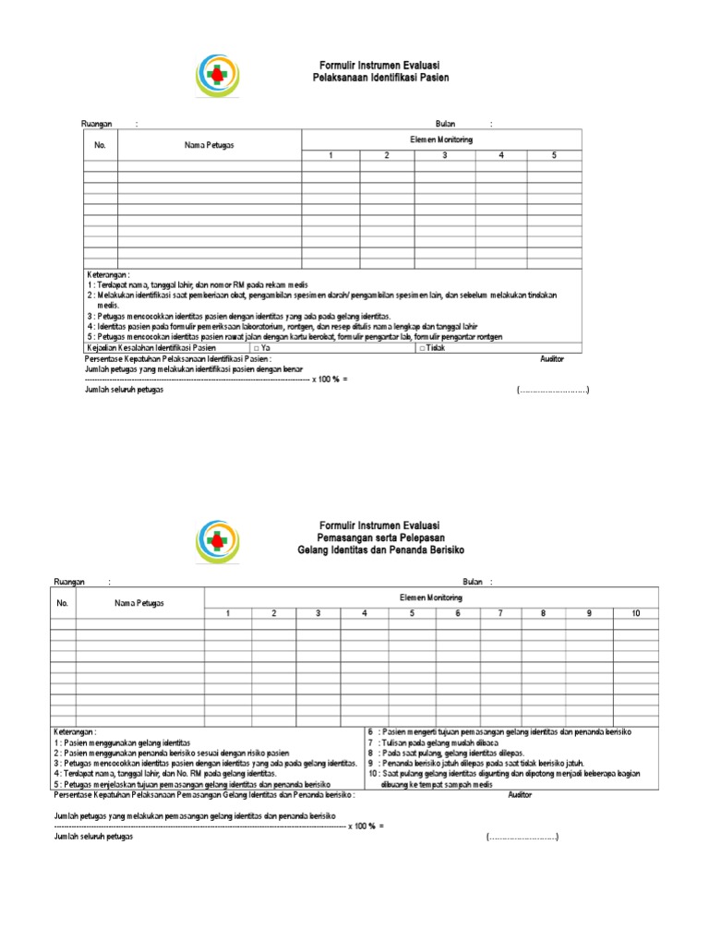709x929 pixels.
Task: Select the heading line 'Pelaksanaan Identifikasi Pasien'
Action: [381, 79]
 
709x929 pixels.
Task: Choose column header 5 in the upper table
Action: [554, 155]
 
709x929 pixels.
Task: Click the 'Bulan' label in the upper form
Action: [446, 124]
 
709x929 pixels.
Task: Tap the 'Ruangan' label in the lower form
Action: [69, 581]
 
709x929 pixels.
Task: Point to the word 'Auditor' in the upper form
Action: [552, 358]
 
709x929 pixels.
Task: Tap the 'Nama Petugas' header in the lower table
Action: [138, 603]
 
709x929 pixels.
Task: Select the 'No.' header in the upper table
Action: [100, 145]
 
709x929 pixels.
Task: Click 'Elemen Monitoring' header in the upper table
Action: [441, 139]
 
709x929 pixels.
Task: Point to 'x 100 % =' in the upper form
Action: [330, 379]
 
